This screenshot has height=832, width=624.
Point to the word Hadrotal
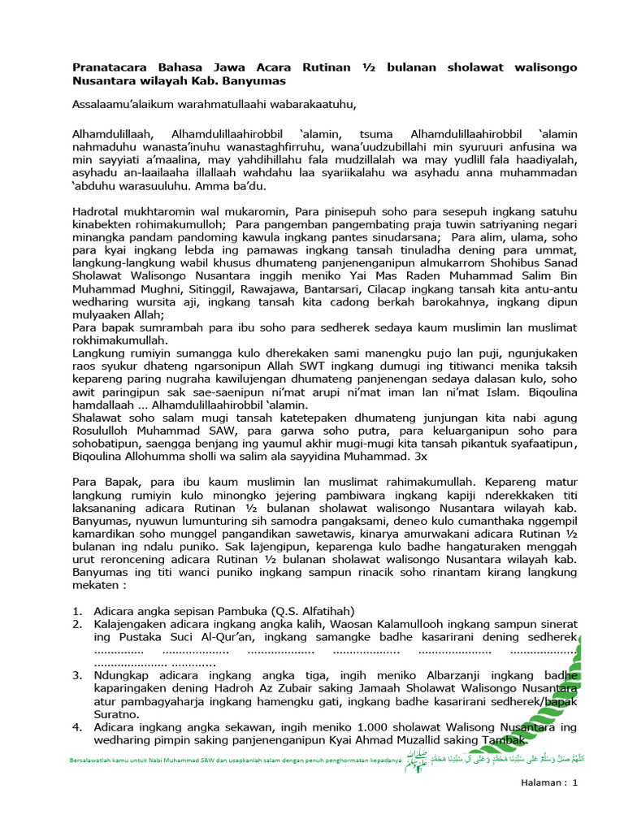(98, 211)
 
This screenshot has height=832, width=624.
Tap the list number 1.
(76, 610)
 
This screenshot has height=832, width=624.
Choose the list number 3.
(76, 674)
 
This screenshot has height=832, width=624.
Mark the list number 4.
(76, 726)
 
